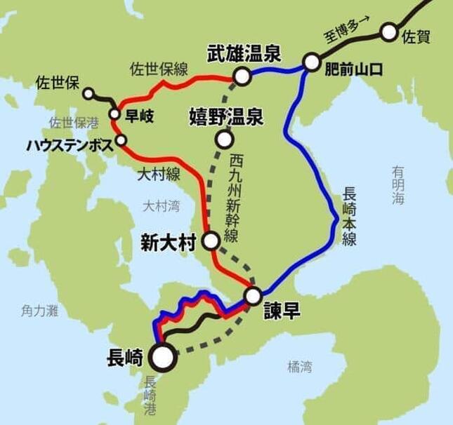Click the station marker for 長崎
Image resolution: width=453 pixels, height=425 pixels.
point(163,356)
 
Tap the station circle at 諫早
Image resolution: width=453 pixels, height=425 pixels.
point(253,295)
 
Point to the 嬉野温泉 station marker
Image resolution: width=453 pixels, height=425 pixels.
point(224,140)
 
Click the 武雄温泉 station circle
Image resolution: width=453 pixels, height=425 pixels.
point(242,76)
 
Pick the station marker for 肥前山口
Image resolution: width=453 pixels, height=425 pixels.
point(311,63)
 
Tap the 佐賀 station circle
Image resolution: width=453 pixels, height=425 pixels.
point(388,32)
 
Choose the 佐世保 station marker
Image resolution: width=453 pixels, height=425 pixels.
point(88,93)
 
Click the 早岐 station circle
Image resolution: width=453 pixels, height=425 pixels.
point(114,114)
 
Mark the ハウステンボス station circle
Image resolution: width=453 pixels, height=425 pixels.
point(122,140)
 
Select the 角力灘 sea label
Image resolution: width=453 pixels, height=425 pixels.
point(39,309)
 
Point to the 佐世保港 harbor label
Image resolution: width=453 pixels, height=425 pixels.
point(74,122)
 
